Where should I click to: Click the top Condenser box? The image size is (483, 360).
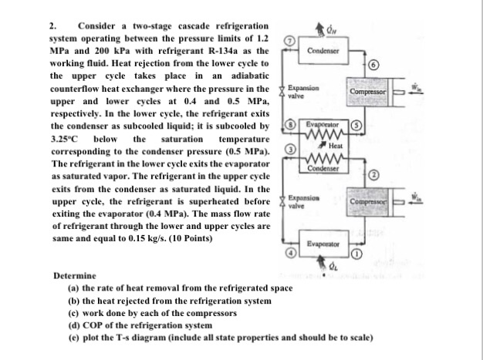pyautogui.click(x=319, y=50)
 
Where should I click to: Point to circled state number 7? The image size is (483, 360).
pyautogui.click(x=289, y=39)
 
